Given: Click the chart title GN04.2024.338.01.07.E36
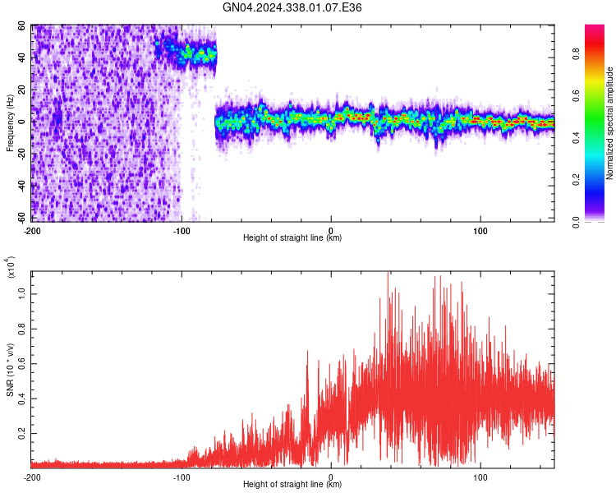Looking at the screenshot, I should pos(292,7).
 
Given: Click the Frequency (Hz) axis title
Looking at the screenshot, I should pos(10,122).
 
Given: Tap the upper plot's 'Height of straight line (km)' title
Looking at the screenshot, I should pos(292,238).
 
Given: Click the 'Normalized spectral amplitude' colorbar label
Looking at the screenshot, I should pos(610,123).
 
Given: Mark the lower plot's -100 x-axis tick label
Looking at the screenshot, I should pos(182,477).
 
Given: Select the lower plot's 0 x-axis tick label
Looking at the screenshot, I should pos(331,477).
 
